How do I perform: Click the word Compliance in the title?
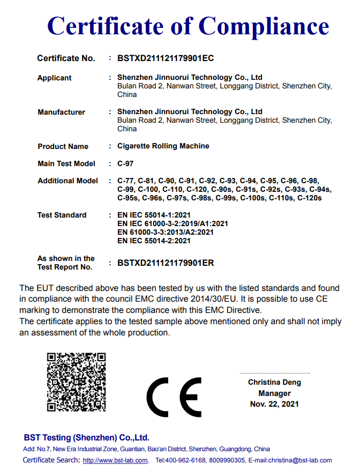264,26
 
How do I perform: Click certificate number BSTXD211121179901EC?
166,58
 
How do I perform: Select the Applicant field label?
54,78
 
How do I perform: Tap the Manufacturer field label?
61,113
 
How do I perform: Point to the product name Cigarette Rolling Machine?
163,146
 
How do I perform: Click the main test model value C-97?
125,163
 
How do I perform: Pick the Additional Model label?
67,181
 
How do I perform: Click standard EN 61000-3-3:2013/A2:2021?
166,233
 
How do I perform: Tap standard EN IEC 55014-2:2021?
154,241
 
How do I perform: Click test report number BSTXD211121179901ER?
166,263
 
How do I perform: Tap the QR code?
76,382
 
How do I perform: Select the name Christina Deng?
274,383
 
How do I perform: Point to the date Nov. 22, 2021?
274,404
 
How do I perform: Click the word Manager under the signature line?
274,393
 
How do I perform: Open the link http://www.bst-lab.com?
115,460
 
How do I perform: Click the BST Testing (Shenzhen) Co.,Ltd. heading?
86,437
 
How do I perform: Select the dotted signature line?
274,373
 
